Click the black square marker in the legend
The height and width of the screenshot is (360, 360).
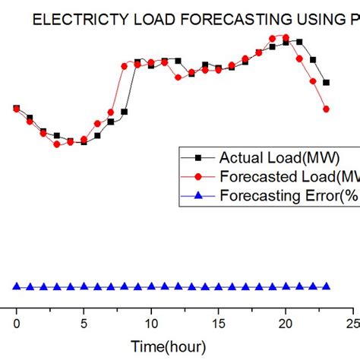coord(198,158)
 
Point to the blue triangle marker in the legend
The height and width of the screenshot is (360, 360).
coord(198,195)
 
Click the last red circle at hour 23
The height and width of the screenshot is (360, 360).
coord(327,109)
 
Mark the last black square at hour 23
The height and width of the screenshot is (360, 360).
coord(327,83)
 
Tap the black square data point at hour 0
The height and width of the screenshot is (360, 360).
coord(17,108)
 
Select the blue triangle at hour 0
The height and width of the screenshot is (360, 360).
coord(17,286)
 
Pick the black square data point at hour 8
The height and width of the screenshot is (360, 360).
coord(125,112)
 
